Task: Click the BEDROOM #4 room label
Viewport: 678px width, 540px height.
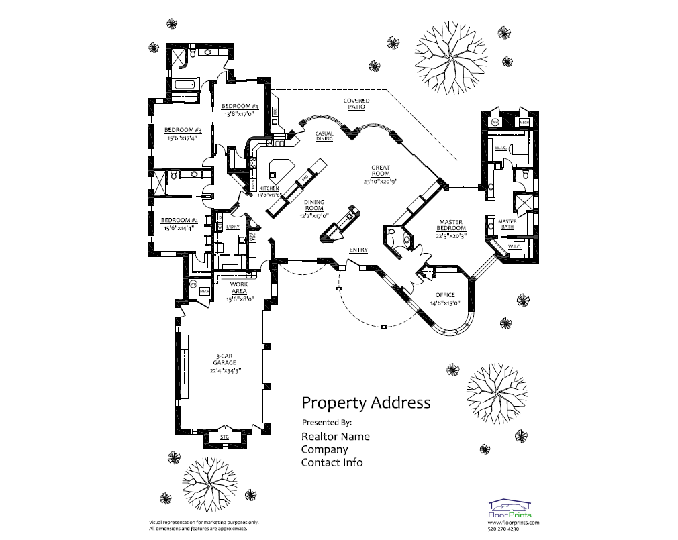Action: tap(240, 107)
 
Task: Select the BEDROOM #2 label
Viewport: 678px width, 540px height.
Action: tap(179, 220)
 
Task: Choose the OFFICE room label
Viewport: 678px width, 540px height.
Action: tap(445, 295)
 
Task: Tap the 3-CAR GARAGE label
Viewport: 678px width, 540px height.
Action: tap(225, 360)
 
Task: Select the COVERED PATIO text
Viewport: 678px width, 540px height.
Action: tap(356, 104)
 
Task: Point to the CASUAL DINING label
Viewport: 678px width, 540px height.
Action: tap(325, 136)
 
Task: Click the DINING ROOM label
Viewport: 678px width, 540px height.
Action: tap(313, 205)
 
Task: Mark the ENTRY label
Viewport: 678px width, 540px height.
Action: tap(358, 250)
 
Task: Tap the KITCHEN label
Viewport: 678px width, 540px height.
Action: tap(269, 188)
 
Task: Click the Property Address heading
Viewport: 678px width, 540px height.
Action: tap(366, 402)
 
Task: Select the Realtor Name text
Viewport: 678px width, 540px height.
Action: tap(335, 436)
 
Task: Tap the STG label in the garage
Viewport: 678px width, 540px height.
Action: tap(224, 437)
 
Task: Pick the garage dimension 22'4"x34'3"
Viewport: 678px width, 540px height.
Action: tap(225, 370)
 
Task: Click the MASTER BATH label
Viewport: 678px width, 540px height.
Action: tap(507, 224)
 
